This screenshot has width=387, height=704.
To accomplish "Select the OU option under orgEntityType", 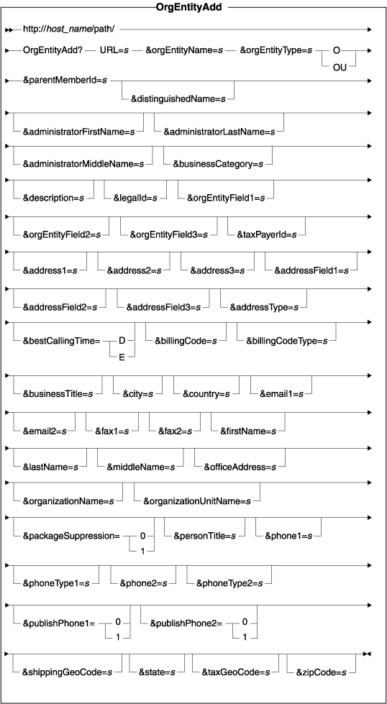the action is point(340,69).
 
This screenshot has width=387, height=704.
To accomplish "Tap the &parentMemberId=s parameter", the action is point(65,81).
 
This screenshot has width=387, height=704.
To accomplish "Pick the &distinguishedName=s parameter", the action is point(178,99).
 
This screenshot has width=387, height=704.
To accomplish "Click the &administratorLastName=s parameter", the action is point(219,132).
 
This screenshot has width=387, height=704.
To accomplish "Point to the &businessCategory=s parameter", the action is point(218,165).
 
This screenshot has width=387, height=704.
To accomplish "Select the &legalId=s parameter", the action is point(135,197).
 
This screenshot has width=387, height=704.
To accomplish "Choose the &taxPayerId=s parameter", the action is point(267,234).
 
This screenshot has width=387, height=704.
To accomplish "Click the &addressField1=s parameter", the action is point(311,270).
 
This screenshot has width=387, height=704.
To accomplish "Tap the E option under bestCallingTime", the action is point(122,358).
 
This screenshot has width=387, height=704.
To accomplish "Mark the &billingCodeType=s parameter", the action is point(286,340).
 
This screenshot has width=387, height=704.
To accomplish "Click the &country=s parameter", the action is point(206,394).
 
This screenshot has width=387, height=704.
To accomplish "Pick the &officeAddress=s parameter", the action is point(240,467).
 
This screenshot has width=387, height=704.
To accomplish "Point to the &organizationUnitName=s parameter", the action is point(197,500).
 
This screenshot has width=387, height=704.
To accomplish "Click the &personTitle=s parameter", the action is point(205,536).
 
